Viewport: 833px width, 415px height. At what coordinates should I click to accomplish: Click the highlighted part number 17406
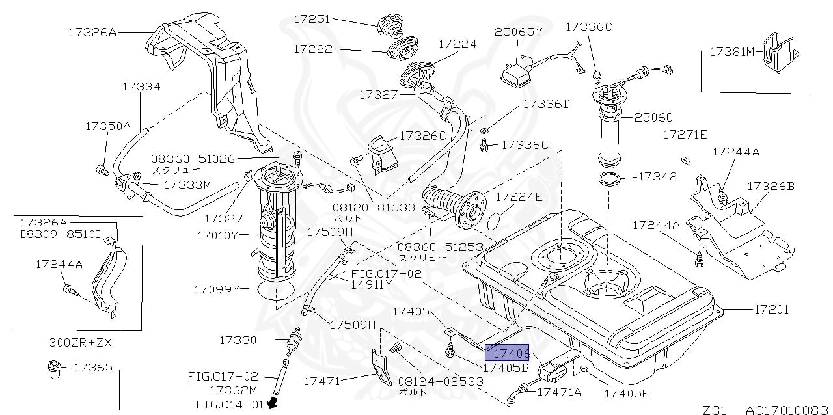pyautogui.click(x=508, y=353)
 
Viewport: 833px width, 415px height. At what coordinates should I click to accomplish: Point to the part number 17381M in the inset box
pyautogui.click(x=731, y=51)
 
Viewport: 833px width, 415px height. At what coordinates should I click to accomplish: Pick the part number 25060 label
pyautogui.click(x=653, y=118)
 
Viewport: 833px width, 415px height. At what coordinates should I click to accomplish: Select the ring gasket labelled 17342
pyautogui.click(x=610, y=180)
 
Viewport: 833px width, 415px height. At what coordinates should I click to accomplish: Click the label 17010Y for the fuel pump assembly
pyautogui.click(x=217, y=235)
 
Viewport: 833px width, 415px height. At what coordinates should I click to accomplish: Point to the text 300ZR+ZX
pyautogui.click(x=81, y=341)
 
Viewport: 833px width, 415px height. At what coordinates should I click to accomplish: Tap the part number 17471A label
pyautogui.click(x=559, y=392)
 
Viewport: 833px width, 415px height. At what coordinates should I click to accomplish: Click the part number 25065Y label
pyautogui.click(x=517, y=31)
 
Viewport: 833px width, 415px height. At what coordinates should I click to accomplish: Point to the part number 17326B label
pyautogui.click(x=771, y=186)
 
